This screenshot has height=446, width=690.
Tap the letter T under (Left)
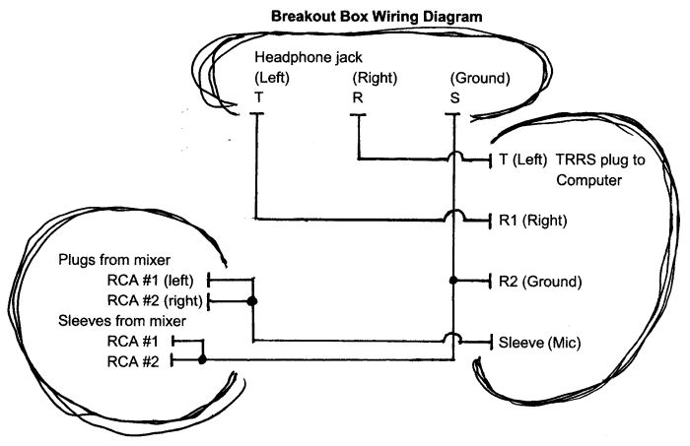(257, 98)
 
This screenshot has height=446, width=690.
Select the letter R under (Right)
(357, 98)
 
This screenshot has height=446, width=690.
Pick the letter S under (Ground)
(453, 98)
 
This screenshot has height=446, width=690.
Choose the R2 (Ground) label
(539, 281)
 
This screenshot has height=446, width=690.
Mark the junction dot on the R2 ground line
(453, 281)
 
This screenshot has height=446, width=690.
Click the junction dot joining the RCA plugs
(254, 299)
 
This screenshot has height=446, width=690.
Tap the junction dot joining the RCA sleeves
(203, 360)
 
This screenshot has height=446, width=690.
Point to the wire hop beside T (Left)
(453, 155)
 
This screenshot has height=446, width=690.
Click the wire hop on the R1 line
(453, 216)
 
